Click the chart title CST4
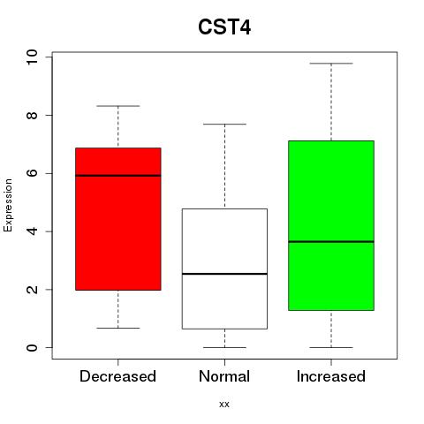coord(224,27)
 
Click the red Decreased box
coord(118,219)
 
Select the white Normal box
coord(224,269)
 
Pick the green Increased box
coord(331,225)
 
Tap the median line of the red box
coord(118,176)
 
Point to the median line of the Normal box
coord(224,274)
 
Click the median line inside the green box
coord(331,241)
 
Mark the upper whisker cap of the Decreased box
coord(118,106)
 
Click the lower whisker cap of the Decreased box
coord(118,328)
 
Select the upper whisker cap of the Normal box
coord(224,124)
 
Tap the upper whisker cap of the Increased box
coord(331,64)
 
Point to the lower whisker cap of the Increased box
coord(331,347)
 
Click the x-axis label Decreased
coord(117,376)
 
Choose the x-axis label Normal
coord(224,376)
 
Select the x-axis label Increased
coord(331,376)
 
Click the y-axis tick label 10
coord(32,57)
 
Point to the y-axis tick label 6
coord(32,173)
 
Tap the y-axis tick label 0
coord(32,347)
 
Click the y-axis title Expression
coord(8,205)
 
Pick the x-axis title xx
coord(224,405)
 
